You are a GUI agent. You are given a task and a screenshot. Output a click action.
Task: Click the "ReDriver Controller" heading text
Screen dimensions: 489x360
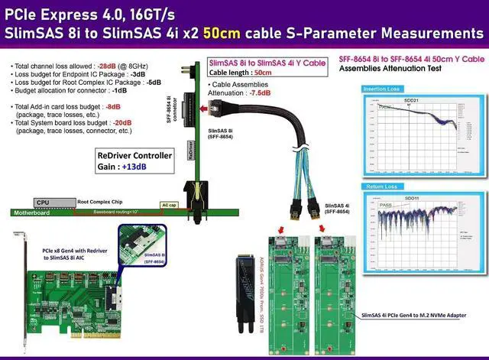(x=134, y=155)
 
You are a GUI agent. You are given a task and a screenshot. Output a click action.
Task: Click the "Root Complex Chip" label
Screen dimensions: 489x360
(x=99, y=202)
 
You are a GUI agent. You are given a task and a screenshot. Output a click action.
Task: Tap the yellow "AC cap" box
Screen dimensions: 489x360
(x=169, y=206)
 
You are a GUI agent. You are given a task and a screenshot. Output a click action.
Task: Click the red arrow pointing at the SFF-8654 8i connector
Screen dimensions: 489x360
(x=204, y=110)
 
